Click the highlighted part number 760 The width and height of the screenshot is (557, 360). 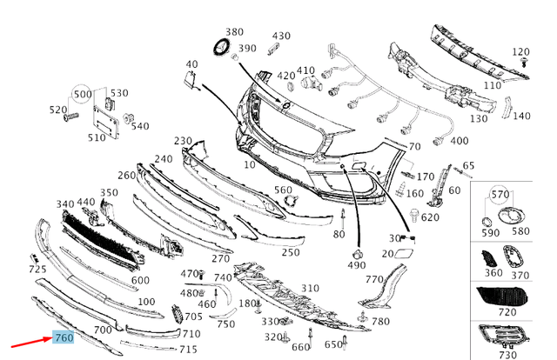coord(64,337)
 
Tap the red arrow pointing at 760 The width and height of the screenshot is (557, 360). coord(35,346)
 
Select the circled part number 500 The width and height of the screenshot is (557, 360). coord(83,94)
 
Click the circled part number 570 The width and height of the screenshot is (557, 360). coord(500,195)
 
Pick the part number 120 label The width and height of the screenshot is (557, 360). coord(520,52)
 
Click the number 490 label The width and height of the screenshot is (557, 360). coord(357,264)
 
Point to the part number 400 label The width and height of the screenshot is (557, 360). coord(460,141)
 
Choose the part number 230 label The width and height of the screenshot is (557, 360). coord(183,141)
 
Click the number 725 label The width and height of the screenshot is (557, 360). coord(37,270)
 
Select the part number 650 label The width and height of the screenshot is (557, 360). coord(334,345)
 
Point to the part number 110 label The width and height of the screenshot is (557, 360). coord(493,86)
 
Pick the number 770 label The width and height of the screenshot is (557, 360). coord(374,279)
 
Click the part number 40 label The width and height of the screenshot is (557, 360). coord(191,64)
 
